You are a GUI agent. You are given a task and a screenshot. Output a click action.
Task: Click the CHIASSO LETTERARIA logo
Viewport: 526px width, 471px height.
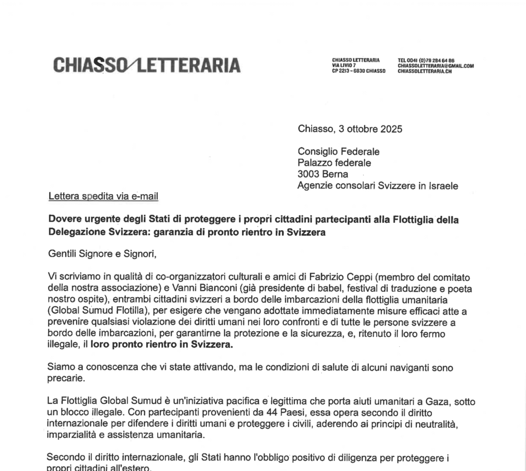[146, 65]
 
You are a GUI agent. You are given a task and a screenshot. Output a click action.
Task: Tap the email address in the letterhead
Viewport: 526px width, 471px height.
[436, 66]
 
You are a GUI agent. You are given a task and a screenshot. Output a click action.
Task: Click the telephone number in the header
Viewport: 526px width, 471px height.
[426, 60]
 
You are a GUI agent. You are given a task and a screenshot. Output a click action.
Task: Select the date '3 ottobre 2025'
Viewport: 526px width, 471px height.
[371, 129]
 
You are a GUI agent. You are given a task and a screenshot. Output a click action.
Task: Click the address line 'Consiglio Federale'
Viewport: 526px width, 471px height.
[339, 152]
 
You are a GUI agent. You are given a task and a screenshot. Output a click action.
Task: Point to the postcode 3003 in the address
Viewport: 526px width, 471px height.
[308, 174]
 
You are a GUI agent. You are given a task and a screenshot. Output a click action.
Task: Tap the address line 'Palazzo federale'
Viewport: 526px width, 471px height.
[334, 163]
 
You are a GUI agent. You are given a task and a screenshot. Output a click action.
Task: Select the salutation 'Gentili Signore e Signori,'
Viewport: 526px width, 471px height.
[101, 253]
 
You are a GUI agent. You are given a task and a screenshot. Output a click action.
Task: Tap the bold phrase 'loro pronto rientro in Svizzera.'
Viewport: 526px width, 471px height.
[161, 345]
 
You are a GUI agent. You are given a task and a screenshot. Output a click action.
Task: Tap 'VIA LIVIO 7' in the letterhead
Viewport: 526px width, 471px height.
[344, 66]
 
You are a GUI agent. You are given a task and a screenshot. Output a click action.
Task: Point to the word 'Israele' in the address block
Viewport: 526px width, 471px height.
[443, 185]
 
